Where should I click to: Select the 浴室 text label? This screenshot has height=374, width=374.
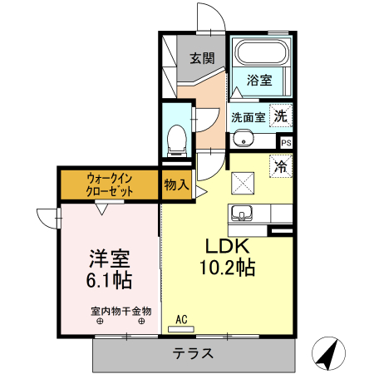pos(259,81)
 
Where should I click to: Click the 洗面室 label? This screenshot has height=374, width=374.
pos(248,117)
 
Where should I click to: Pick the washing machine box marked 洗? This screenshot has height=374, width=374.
pos(282,116)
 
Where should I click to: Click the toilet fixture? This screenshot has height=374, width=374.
pos(175,140)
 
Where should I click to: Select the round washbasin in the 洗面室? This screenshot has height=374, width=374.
pos(242,138)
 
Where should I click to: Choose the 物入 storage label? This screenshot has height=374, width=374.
pos(175,183)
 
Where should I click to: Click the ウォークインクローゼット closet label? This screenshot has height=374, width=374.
pos(109,184)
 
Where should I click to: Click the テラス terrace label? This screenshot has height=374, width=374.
pos(194,352)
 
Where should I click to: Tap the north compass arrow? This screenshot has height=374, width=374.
pos(327,356)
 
